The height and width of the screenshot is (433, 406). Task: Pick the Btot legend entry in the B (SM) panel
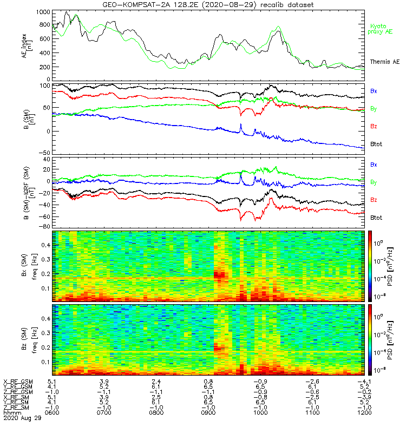click(x=377, y=143)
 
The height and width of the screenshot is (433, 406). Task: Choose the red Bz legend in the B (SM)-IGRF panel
click(x=374, y=200)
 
